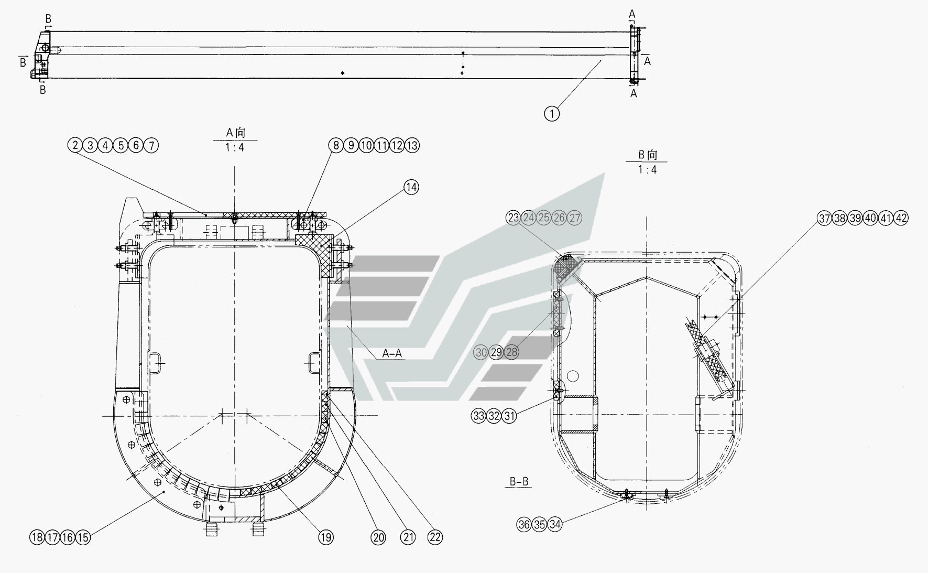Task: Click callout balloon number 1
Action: tap(552, 113)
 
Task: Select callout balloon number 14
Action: tap(411, 187)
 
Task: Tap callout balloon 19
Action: tap(325, 537)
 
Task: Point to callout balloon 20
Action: tap(378, 537)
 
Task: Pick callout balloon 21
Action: tap(408, 537)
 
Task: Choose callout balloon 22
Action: tap(435, 537)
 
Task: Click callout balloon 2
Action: tap(75, 145)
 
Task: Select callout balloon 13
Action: tap(412, 145)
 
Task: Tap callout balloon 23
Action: tap(513, 218)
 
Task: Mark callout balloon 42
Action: tap(901, 218)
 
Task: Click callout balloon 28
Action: tap(511, 352)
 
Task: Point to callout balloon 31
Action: tap(509, 416)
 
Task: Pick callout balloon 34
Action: tap(555, 524)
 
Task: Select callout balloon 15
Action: tap(83, 537)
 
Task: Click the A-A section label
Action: tap(392, 353)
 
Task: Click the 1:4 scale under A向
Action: tap(235, 148)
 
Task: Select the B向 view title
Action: tap(647, 155)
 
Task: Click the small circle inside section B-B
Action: tap(573, 375)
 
